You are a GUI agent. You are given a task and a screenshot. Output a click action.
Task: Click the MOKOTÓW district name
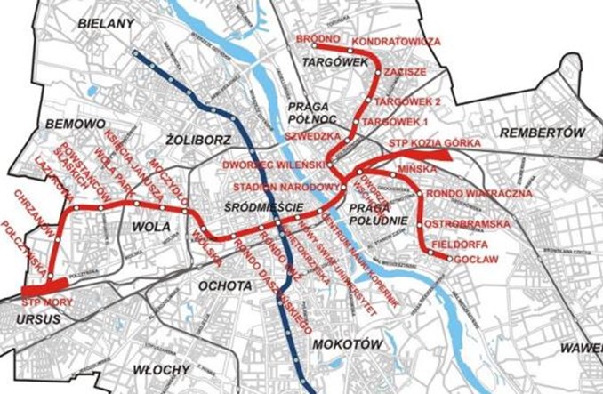348,342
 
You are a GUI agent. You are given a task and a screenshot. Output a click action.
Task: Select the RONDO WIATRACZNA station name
478,192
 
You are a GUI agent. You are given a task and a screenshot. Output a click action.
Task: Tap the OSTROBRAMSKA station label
466,222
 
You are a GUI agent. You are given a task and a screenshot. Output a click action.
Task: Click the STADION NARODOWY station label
286,188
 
